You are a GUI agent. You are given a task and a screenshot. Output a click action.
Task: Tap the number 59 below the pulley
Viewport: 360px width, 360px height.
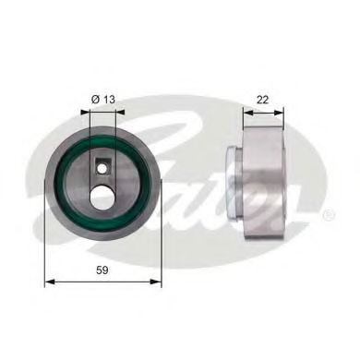pyautogui.click(x=103, y=269)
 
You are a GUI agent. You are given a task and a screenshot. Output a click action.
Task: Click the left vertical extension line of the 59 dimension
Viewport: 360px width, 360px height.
pyautogui.click(x=45, y=240)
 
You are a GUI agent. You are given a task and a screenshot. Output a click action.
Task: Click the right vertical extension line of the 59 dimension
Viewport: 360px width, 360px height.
pyautogui.click(x=162, y=240)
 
